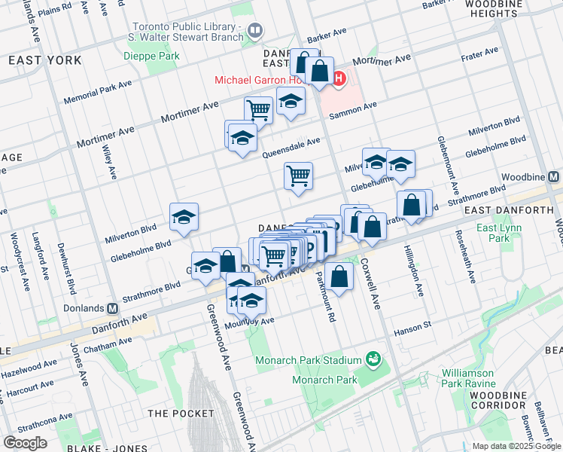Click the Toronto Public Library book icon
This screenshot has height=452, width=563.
click(x=255, y=31)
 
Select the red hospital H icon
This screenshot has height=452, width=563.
click(x=339, y=78)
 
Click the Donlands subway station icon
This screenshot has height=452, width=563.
click(x=113, y=308)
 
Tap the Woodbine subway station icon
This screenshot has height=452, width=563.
click(x=554, y=176)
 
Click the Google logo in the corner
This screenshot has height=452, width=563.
click(x=25, y=442)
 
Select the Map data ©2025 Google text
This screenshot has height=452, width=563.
click(x=516, y=446)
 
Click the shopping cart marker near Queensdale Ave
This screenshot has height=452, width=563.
click(x=298, y=176)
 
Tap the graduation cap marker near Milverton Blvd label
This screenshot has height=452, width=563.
click(x=184, y=217)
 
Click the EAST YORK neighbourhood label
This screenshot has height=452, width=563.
click(x=35, y=60)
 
